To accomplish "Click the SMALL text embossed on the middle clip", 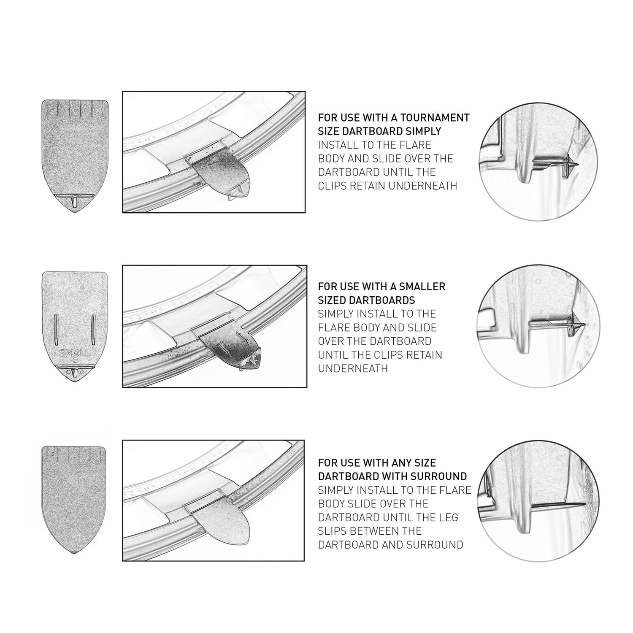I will point(75,353).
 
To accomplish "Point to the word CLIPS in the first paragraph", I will point(333,186).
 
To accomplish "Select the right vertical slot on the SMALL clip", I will point(93,328).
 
